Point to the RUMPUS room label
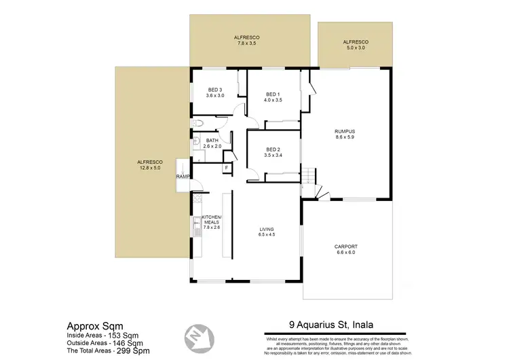[x=345, y=131]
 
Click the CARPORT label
[x=345, y=246]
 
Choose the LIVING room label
[x=266, y=230]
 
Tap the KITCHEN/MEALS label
[x=212, y=219]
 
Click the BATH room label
[x=212, y=141]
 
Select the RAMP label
[x=183, y=177]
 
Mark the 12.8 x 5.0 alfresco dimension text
[x=149, y=167]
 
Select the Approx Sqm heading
[x=94, y=325]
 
